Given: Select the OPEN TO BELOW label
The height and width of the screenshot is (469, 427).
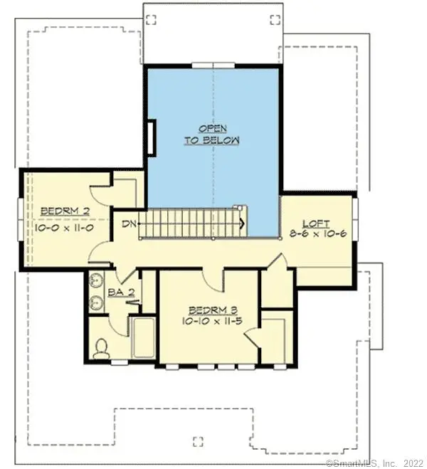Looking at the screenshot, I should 212,135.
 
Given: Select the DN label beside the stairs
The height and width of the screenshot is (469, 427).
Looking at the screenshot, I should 129,224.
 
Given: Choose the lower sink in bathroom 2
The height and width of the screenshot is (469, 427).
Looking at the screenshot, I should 96,303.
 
